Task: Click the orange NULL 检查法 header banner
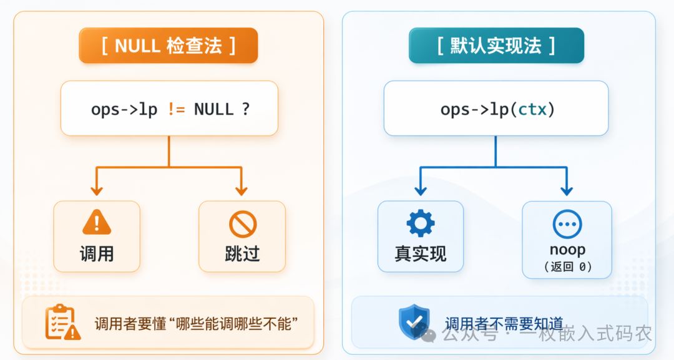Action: point(168,46)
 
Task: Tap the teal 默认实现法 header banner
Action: point(496,46)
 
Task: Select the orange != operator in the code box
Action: point(175,109)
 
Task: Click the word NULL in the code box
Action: point(213,109)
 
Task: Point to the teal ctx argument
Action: point(532,109)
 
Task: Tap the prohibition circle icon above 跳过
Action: point(242,224)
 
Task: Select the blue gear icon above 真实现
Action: point(421,223)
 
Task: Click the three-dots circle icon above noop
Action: point(567,224)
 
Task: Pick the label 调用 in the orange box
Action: point(97,253)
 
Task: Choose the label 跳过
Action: point(242,253)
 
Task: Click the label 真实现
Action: point(421,253)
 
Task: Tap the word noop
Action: point(567,250)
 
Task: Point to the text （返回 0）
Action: point(567,267)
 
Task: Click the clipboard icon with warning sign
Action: point(62,322)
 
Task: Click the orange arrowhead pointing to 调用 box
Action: point(96,190)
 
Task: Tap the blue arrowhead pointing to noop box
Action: point(567,190)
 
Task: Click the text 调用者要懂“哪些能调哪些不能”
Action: point(196,324)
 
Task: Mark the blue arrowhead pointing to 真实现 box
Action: point(420,190)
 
